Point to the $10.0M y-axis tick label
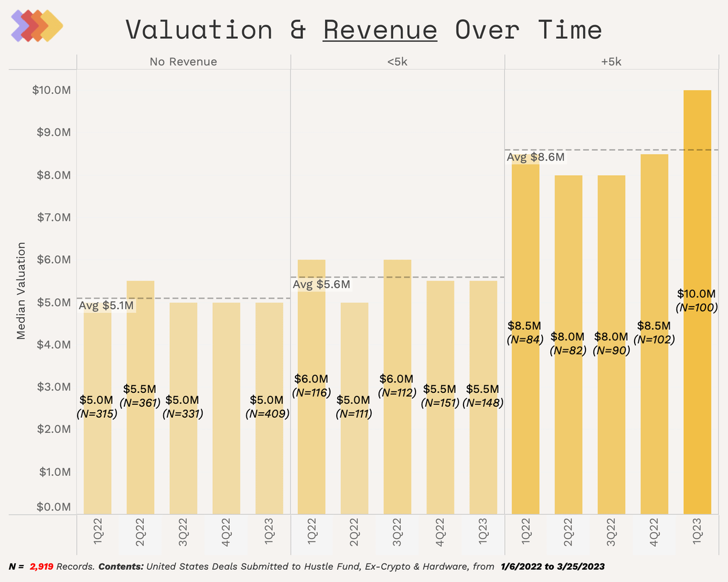51,90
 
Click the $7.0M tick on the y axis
53,217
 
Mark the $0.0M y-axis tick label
53,506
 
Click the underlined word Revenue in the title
380,29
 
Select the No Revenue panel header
183,62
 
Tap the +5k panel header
616,62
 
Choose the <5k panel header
397,62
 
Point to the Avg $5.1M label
106,306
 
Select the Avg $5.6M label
322,284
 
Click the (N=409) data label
268,414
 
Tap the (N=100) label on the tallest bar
697,307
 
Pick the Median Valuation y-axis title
21,291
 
